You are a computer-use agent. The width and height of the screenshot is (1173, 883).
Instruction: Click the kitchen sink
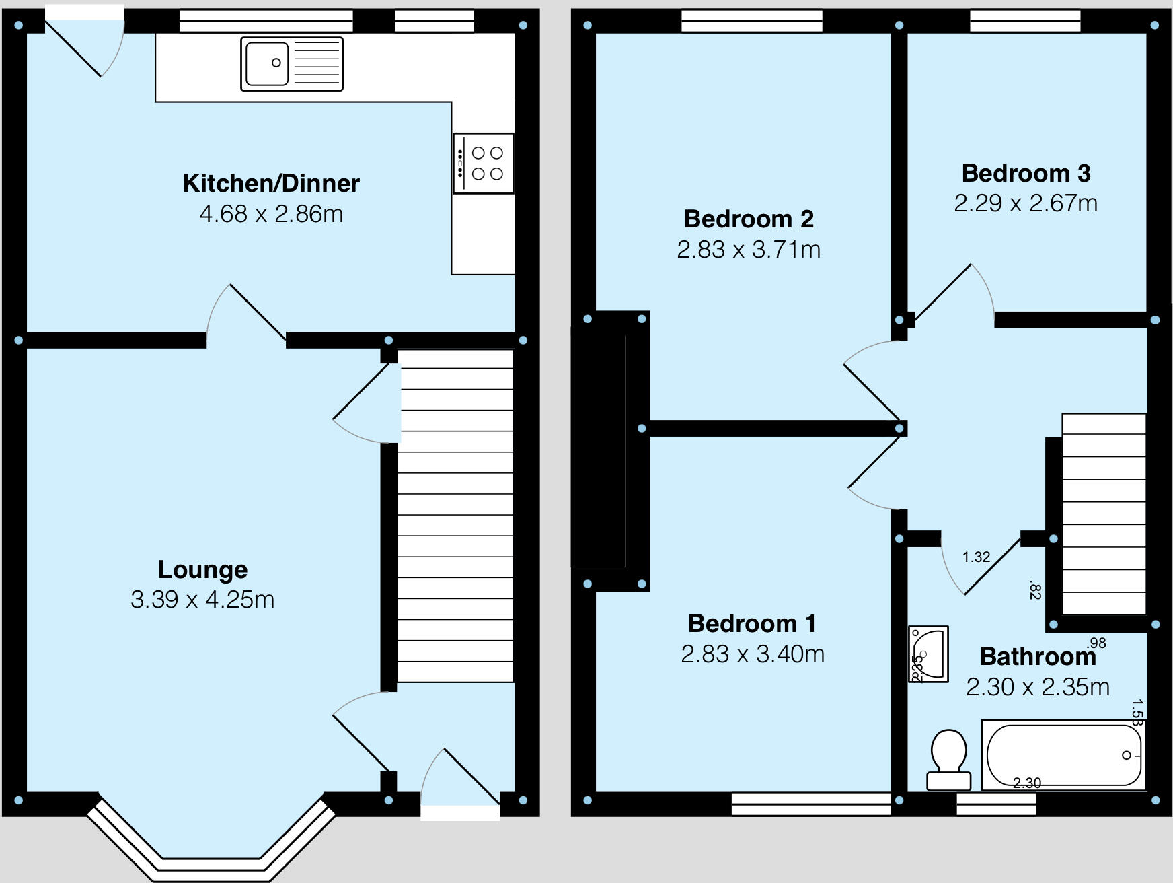291,64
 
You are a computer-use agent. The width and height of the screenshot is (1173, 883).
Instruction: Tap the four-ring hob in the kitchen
484,164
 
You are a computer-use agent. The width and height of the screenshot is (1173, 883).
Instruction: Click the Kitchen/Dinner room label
271,183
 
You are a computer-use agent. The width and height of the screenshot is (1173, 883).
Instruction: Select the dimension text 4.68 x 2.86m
271,214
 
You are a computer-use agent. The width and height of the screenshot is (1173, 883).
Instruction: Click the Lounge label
202,569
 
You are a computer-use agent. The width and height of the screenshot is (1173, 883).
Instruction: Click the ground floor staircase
456,515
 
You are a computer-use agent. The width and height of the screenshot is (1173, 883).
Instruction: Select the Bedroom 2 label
749,219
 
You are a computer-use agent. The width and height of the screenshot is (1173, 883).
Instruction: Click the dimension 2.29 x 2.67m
1026,203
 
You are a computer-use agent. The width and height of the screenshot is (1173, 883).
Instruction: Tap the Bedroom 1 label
752,623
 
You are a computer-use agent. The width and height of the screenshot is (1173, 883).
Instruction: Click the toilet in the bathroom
949,759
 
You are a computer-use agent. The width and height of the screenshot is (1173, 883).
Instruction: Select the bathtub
1063,755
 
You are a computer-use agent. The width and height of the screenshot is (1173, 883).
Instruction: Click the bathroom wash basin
928,653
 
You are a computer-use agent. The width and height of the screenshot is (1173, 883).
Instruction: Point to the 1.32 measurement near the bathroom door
976,557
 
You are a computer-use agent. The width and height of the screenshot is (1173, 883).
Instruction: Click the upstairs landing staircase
1104,515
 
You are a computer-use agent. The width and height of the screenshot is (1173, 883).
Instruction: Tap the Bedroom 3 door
945,293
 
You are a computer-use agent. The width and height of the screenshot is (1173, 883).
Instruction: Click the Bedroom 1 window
810,804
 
